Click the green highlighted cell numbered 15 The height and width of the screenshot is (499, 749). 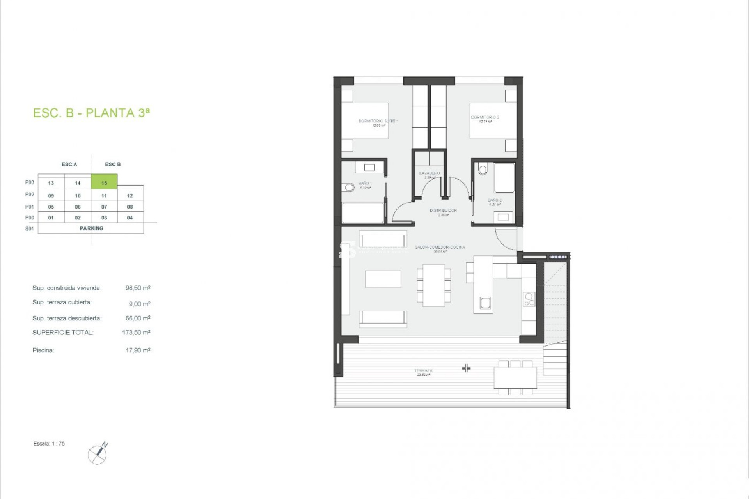coord(104,182)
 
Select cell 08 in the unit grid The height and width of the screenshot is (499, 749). coord(130,207)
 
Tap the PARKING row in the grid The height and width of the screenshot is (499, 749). coord(91,228)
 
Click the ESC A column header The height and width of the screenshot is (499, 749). coord(69,165)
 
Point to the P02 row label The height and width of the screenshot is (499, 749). coord(30,195)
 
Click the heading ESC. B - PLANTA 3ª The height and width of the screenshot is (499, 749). coord(91,113)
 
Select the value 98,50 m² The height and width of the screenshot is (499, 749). coord(138,288)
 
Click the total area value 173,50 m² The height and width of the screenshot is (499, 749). coord(136,333)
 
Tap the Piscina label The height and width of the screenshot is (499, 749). coord(43,350)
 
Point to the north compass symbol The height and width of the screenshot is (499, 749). coord(98,453)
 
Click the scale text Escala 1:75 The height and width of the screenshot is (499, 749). coord(49,444)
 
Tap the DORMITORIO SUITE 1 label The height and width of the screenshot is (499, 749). coord(378,121)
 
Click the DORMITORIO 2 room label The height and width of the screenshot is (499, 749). coord(485,117)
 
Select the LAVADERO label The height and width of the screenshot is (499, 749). coord(430,173)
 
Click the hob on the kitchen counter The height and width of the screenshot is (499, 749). coord(529,299)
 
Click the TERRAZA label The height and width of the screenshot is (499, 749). coord(423,371)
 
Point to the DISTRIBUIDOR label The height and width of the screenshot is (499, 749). coord(443,211)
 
